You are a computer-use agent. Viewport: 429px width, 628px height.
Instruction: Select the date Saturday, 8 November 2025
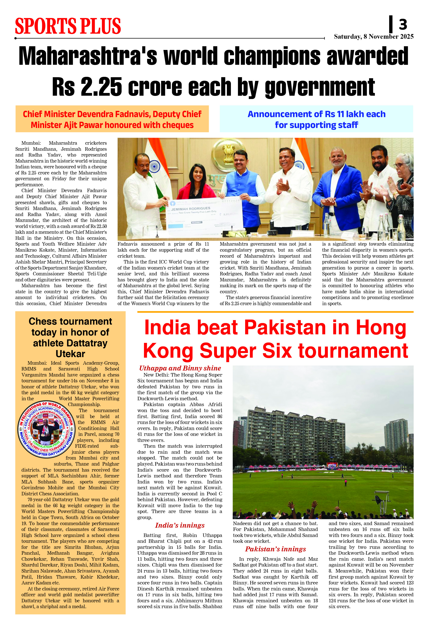coord(373,37)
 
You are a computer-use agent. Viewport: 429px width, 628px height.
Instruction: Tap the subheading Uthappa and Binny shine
coord(180,368)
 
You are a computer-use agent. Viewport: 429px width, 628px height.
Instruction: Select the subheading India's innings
coord(180,525)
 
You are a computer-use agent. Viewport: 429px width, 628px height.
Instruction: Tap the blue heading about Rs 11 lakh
coord(316,119)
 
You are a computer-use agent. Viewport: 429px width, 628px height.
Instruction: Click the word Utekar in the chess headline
coord(70,354)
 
